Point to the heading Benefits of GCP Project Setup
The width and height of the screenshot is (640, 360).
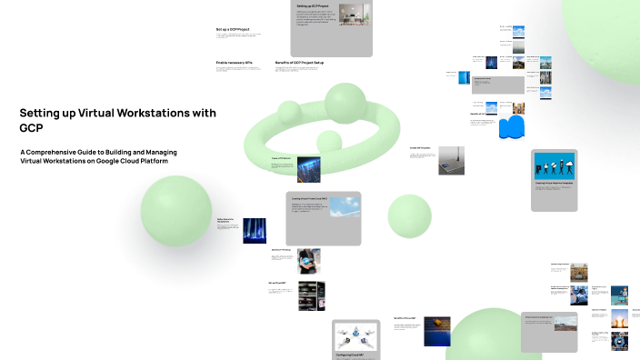[x=299, y=63]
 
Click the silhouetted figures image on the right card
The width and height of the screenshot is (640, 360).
[x=554, y=167]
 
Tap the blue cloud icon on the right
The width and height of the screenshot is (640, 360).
[x=513, y=126]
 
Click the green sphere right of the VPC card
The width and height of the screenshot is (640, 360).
[x=409, y=215]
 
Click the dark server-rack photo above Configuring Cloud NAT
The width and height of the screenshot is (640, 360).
[x=311, y=295]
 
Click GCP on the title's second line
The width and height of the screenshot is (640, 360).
[x=32, y=128]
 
